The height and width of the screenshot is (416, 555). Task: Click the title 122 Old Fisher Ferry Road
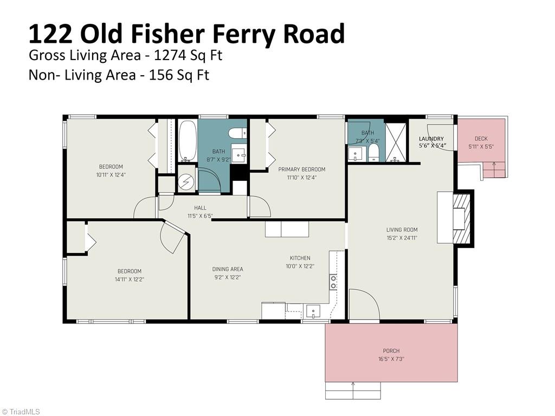186,33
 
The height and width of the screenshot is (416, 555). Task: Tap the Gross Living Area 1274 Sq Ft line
125,55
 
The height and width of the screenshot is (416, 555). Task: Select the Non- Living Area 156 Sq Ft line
119,75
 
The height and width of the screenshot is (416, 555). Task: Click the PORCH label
391,351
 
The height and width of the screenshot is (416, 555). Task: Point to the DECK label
481,139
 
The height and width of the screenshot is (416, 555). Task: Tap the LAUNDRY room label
431,139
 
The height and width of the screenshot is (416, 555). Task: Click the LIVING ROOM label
402,230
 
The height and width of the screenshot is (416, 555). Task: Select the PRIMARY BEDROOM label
301,170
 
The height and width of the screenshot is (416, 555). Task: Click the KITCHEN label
300,258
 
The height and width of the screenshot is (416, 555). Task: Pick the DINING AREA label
227,269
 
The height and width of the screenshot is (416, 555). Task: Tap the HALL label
200,208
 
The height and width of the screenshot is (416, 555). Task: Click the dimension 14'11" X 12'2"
129,279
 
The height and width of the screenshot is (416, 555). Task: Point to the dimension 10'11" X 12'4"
111,174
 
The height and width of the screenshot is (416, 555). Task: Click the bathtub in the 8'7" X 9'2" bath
188,140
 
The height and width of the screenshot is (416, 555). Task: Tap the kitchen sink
313,311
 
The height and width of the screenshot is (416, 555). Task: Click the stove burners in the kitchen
333,282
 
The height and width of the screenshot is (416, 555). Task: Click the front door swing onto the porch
363,304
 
